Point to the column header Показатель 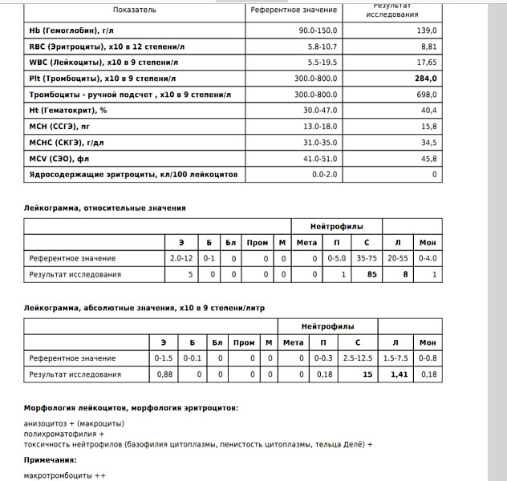[x=135, y=10]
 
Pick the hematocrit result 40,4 [x=428, y=111]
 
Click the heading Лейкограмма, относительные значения [x=105, y=208]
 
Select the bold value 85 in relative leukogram [x=372, y=275]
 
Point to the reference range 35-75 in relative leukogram [x=366, y=258]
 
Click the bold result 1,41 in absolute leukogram [x=399, y=374]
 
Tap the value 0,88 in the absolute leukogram [x=164, y=374]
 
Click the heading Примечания [x=51, y=460]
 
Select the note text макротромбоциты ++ [x=65, y=476]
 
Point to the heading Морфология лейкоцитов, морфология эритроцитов [x=131, y=408]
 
